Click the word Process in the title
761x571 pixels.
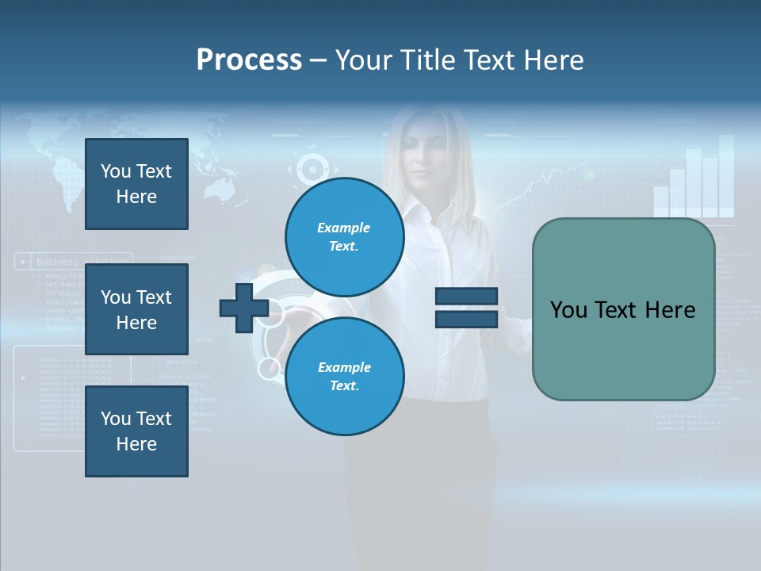(249, 60)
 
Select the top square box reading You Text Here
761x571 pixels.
(136, 184)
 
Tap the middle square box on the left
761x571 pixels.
(136, 309)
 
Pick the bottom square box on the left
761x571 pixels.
(136, 431)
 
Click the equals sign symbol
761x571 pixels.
(466, 308)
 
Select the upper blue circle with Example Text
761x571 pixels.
(344, 236)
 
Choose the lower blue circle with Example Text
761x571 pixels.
(344, 376)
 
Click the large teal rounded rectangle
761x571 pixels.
(623, 309)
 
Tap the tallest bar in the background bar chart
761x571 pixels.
(725, 175)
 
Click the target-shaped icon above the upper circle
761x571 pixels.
(312, 168)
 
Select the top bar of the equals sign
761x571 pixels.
(466, 297)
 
